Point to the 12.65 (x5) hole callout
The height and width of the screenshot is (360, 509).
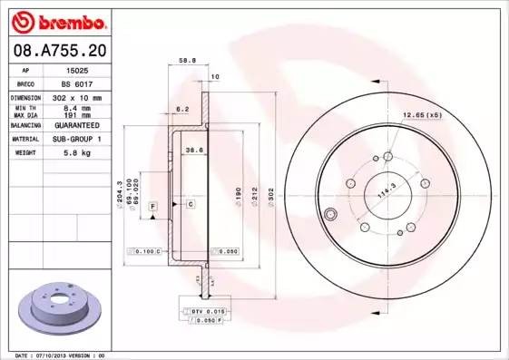(x=422, y=115)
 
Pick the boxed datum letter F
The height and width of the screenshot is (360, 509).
(x=153, y=208)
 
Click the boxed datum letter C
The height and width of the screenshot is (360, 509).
(x=191, y=205)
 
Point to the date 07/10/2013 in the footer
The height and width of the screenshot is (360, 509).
(x=57, y=355)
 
